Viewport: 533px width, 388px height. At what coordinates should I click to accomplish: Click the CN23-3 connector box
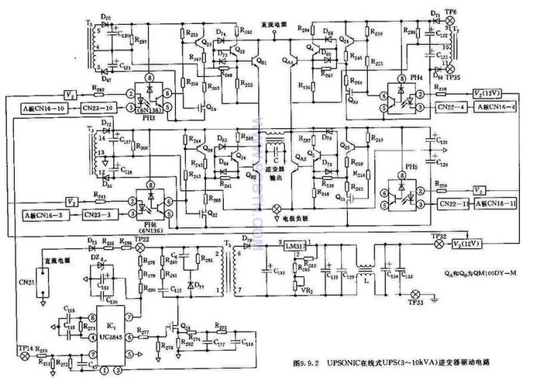coord(103,213)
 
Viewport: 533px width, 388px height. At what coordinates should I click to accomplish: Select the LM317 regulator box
coord(294,246)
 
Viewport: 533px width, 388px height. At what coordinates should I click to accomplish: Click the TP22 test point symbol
coord(140,247)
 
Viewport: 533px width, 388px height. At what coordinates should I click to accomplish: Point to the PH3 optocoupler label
coord(150,119)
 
